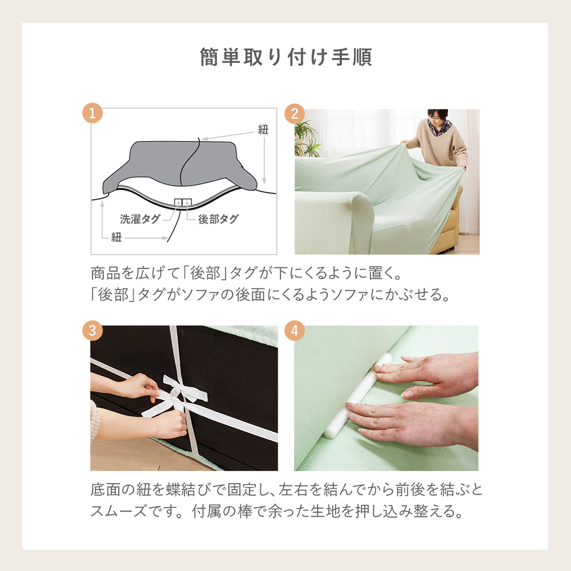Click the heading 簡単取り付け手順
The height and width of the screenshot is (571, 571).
point(286,57)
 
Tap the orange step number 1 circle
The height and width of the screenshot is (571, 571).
point(93,113)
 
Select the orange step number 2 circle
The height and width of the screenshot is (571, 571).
point(295,113)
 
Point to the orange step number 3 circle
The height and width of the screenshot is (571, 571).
point(93,330)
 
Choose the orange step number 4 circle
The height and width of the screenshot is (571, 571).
point(295,330)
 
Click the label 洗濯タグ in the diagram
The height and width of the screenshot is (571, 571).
point(140,219)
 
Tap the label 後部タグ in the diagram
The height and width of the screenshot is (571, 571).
point(218,219)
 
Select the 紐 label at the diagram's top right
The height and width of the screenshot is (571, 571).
point(263,129)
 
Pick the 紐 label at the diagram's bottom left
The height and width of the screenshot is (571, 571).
point(116,238)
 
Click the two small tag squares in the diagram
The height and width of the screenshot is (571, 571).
point(183,203)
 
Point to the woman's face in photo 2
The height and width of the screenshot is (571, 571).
point(439,120)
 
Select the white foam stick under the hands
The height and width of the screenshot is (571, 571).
point(357,397)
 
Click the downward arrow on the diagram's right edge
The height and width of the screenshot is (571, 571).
point(264,160)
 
